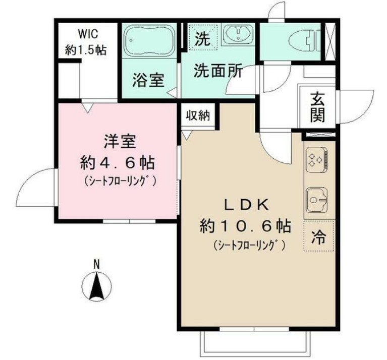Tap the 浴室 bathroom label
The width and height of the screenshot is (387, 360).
(x=148, y=80)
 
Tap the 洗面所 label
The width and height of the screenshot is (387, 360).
(x=218, y=71)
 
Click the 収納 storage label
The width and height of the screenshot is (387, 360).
(x=199, y=115)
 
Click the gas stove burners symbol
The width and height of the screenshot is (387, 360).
(x=317, y=158)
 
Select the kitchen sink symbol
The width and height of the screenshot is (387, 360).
(x=317, y=200)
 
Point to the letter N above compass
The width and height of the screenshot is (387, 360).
(x=96, y=263)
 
